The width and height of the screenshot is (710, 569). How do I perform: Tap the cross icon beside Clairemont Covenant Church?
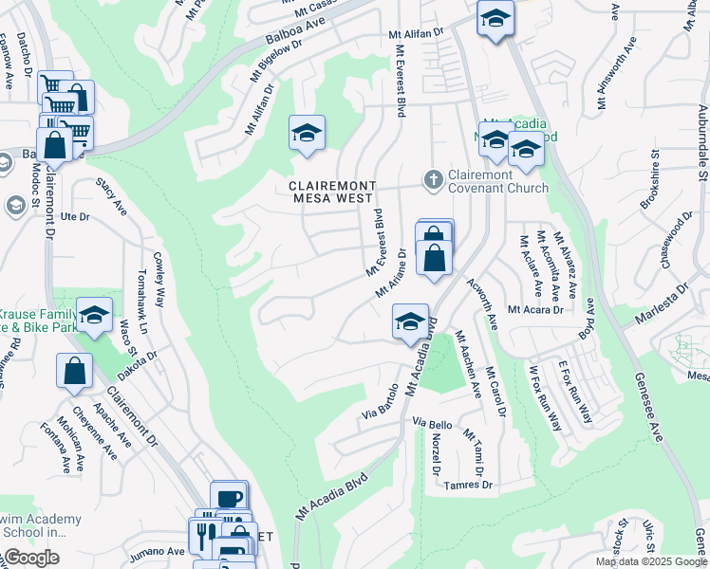(433, 178)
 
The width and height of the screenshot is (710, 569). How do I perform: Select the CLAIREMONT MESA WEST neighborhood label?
(332, 193)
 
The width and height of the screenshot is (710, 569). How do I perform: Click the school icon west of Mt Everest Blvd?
(307, 134)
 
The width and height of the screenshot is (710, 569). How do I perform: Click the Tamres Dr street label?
(471, 485)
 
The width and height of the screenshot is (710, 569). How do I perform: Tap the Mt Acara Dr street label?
(535, 309)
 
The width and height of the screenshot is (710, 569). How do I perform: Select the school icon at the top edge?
(495, 21)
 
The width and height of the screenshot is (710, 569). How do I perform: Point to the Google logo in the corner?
(30, 558)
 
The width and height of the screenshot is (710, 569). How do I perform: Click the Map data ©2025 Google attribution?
(651, 561)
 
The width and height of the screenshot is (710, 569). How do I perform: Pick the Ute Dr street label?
(74, 217)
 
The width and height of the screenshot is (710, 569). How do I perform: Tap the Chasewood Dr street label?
(673, 239)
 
